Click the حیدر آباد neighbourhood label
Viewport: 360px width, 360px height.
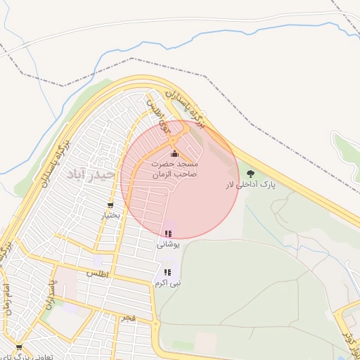87,173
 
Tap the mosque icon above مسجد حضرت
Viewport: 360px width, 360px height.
174,154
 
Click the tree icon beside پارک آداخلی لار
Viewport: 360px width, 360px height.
251,173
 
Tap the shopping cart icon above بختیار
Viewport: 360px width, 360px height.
110,205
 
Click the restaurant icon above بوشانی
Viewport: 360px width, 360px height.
167,233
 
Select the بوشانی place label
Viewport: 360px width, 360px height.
168,244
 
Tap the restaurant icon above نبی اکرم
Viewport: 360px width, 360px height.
167,271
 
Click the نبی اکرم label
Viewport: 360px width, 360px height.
168,283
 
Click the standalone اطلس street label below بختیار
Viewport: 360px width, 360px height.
97,272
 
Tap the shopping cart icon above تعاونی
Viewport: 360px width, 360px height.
18,347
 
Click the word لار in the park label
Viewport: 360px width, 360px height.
229,184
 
